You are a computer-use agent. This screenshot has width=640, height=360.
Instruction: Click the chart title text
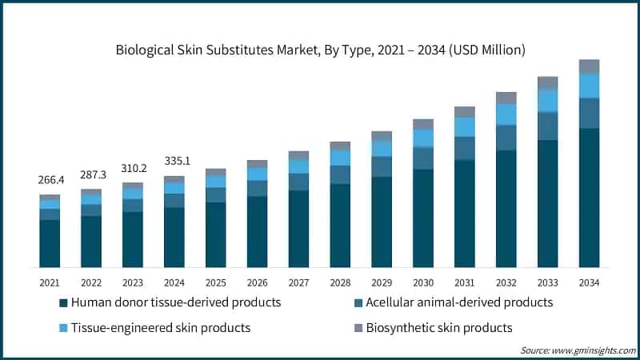(320, 50)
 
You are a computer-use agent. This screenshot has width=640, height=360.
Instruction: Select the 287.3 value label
(91, 174)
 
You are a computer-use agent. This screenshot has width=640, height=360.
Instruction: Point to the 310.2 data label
(133, 168)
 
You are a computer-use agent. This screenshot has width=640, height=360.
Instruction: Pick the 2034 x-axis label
(590, 282)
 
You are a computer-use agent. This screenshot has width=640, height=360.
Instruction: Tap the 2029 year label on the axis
(382, 282)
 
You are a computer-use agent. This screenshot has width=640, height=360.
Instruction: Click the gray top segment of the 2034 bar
(590, 66)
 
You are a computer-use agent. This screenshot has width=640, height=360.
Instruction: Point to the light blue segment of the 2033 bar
(548, 100)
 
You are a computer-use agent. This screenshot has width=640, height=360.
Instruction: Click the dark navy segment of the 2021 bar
(50, 243)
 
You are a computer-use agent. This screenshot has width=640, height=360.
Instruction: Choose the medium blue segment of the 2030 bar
(423, 158)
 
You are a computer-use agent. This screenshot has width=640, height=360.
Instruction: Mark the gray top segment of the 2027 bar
(299, 155)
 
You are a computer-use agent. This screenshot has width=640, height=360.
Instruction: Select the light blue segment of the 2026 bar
(258, 174)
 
